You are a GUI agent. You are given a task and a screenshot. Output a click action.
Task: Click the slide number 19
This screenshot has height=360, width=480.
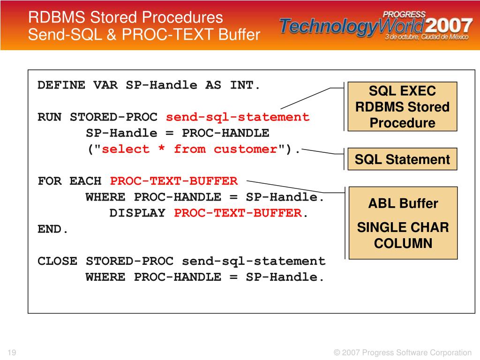(12, 352)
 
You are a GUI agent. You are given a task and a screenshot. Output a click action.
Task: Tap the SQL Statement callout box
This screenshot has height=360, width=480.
(402, 159)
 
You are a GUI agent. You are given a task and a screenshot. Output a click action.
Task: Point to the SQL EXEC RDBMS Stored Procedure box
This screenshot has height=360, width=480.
(402, 107)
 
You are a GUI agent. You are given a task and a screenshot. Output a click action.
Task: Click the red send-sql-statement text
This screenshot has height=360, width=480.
(238, 117)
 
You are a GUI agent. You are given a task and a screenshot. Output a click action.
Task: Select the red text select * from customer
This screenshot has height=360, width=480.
(190, 150)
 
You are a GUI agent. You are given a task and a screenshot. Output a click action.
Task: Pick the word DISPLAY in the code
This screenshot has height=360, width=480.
(137, 213)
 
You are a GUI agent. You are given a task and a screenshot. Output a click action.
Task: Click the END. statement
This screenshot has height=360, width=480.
(53, 229)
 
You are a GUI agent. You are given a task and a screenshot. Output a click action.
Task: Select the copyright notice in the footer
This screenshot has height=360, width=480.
(403, 352)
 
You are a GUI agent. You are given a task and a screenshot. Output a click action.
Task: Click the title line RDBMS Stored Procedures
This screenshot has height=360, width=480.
(126, 17)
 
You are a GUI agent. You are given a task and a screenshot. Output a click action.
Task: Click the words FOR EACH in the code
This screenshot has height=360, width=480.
(69, 181)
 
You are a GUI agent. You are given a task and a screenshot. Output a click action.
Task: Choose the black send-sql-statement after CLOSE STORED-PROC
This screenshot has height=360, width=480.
(253, 261)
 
